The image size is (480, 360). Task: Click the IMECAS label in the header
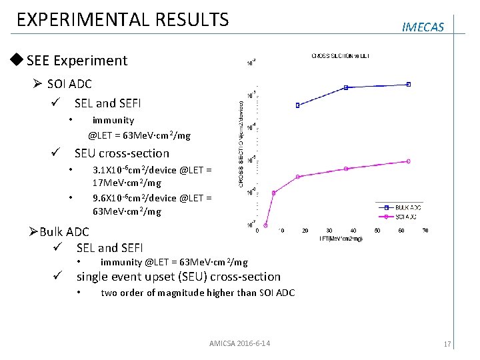click(x=423, y=27)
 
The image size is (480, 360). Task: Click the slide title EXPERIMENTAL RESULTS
click(x=122, y=19)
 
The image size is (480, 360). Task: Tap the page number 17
click(x=447, y=344)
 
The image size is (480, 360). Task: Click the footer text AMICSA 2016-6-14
click(x=239, y=343)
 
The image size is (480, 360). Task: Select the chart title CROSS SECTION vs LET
click(x=341, y=55)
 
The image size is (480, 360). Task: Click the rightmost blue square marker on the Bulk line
click(x=409, y=84)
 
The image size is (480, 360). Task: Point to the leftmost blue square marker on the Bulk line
click(x=297, y=105)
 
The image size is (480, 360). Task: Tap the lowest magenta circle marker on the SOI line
click(x=266, y=224)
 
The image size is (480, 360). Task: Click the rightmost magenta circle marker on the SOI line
click(x=409, y=161)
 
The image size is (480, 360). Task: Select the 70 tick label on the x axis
click(x=425, y=231)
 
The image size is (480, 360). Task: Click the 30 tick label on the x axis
click(x=329, y=231)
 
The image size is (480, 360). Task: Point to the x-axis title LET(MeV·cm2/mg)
click(x=341, y=238)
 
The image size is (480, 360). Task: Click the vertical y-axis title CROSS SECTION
click(x=241, y=143)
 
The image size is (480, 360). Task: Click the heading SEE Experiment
click(x=77, y=61)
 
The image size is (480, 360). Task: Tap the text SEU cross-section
click(x=122, y=153)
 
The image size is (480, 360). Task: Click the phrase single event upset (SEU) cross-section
click(x=178, y=277)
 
